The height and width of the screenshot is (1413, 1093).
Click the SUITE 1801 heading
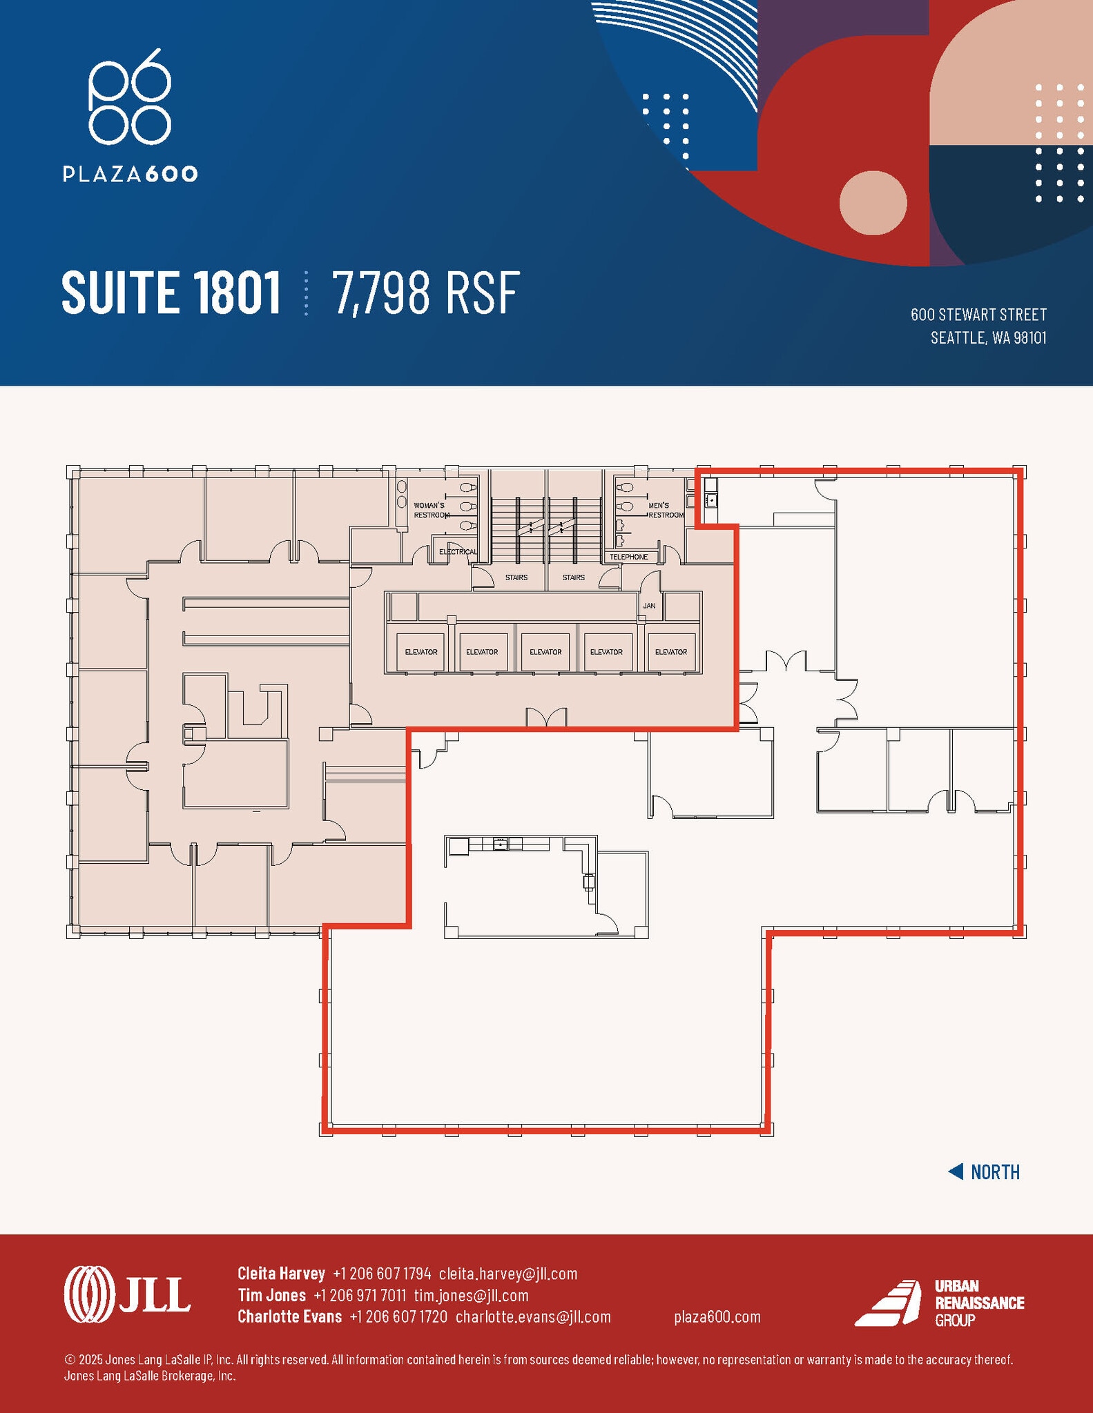click(x=171, y=293)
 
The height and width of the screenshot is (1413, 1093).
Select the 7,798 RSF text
click(x=426, y=293)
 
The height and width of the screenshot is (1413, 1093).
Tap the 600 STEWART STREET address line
click(x=978, y=315)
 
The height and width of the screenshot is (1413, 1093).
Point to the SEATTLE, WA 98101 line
click(x=988, y=337)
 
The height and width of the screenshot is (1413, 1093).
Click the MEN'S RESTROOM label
click(x=664, y=510)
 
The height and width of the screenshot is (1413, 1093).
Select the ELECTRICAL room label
click(x=458, y=551)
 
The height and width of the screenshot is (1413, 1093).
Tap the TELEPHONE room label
click(x=628, y=557)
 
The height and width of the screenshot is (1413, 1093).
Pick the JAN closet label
click(x=649, y=606)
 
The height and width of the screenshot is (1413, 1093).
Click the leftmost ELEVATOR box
click(x=421, y=652)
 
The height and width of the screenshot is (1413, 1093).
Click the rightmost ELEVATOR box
click(x=670, y=652)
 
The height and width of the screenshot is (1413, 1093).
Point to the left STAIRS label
click(x=516, y=577)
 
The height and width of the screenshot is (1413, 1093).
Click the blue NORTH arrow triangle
click(x=956, y=1172)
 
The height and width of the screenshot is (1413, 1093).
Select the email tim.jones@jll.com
click(x=471, y=1295)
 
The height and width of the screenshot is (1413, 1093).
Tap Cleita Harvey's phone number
click(x=382, y=1273)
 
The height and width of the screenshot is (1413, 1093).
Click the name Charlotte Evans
click(x=289, y=1316)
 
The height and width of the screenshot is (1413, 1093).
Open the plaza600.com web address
click(x=717, y=1316)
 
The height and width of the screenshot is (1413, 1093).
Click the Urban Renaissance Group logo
click(x=939, y=1303)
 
